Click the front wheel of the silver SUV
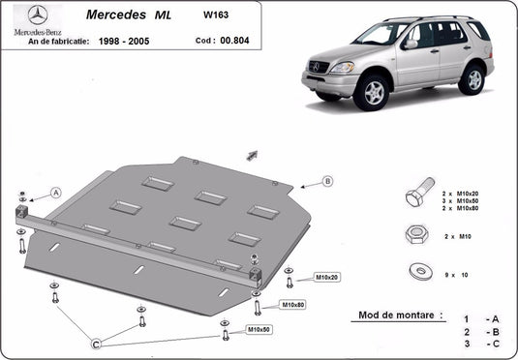coord(370,93)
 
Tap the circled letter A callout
coord(55,194)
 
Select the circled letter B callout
coord(327,181)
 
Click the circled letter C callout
coord(96,343)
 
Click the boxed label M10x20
coord(326,278)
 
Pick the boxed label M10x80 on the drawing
coord(292,305)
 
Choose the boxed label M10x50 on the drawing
coord(258,330)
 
